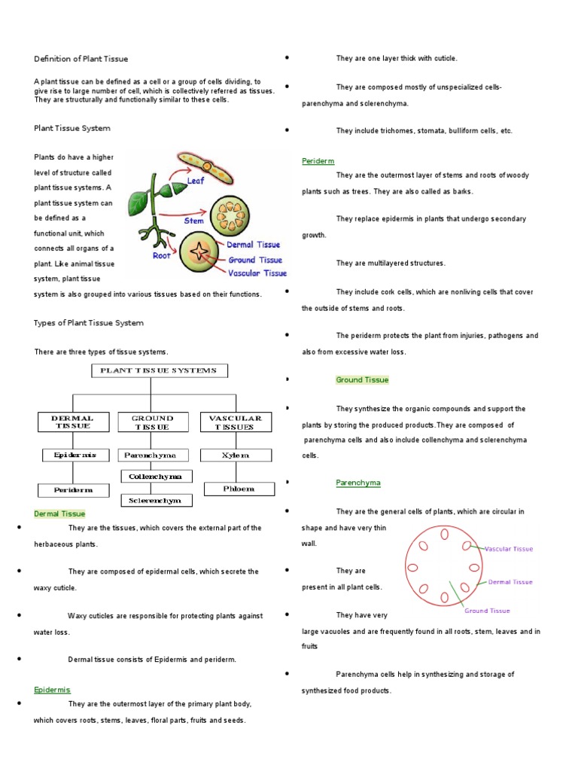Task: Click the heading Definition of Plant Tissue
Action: [81, 59]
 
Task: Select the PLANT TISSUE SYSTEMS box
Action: [158, 370]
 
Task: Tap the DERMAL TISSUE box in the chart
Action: [72, 422]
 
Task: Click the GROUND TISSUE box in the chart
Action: [152, 422]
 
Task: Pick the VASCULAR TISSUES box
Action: [235, 422]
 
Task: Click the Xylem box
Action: [235, 456]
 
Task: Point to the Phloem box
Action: [238, 489]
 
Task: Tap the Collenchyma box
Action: [157, 477]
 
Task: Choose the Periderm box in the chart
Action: [73, 489]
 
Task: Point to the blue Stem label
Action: [193, 221]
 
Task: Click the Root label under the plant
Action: [162, 256]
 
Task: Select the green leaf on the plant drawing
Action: [138, 202]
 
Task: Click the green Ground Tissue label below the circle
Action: [488, 611]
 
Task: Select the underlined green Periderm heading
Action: [318, 161]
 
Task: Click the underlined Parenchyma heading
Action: [357, 483]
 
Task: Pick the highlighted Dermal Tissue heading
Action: [59, 513]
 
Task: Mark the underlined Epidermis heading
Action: [52, 690]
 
